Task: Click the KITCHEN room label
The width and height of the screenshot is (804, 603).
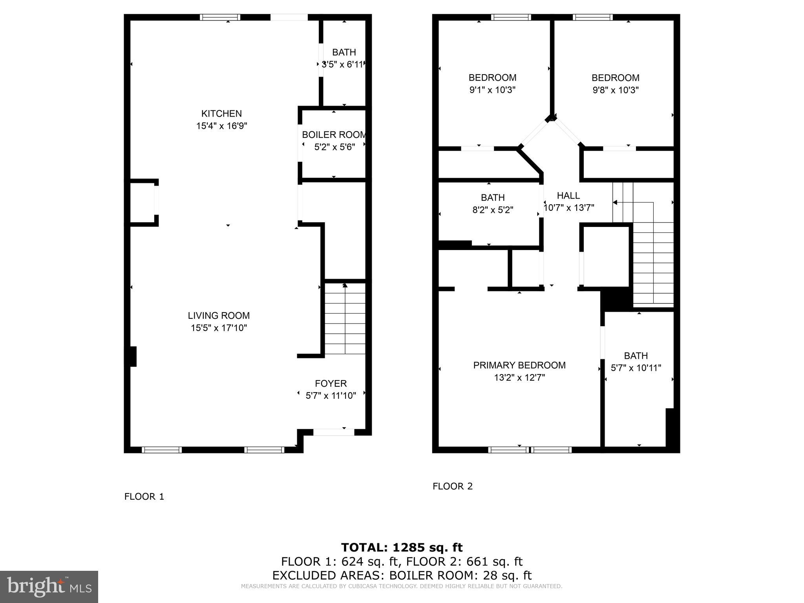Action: (x=221, y=113)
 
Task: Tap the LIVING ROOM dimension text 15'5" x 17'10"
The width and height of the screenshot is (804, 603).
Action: (x=219, y=328)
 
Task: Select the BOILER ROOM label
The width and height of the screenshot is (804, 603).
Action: (x=334, y=135)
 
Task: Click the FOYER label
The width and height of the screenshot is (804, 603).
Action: (x=331, y=383)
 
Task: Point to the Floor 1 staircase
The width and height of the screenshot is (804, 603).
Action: (x=345, y=318)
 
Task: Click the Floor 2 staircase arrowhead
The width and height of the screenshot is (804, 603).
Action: (x=615, y=203)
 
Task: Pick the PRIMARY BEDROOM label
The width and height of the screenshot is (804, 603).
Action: (x=519, y=365)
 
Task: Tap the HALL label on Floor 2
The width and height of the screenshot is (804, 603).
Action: (x=568, y=196)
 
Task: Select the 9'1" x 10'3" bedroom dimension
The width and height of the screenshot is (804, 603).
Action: (x=492, y=90)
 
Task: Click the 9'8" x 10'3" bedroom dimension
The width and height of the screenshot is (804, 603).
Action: (x=615, y=90)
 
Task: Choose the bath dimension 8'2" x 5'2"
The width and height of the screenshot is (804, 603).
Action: (x=492, y=210)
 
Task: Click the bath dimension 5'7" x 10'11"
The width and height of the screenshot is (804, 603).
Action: (x=636, y=368)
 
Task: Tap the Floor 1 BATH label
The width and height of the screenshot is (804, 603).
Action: (x=344, y=52)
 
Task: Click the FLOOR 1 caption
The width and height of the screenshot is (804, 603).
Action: (x=144, y=497)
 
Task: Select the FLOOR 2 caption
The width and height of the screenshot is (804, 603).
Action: (x=452, y=486)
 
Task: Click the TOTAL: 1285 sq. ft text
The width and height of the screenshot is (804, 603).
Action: (x=402, y=547)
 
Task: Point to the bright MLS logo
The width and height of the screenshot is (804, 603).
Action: (x=49, y=587)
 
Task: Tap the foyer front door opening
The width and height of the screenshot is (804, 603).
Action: (x=333, y=432)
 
